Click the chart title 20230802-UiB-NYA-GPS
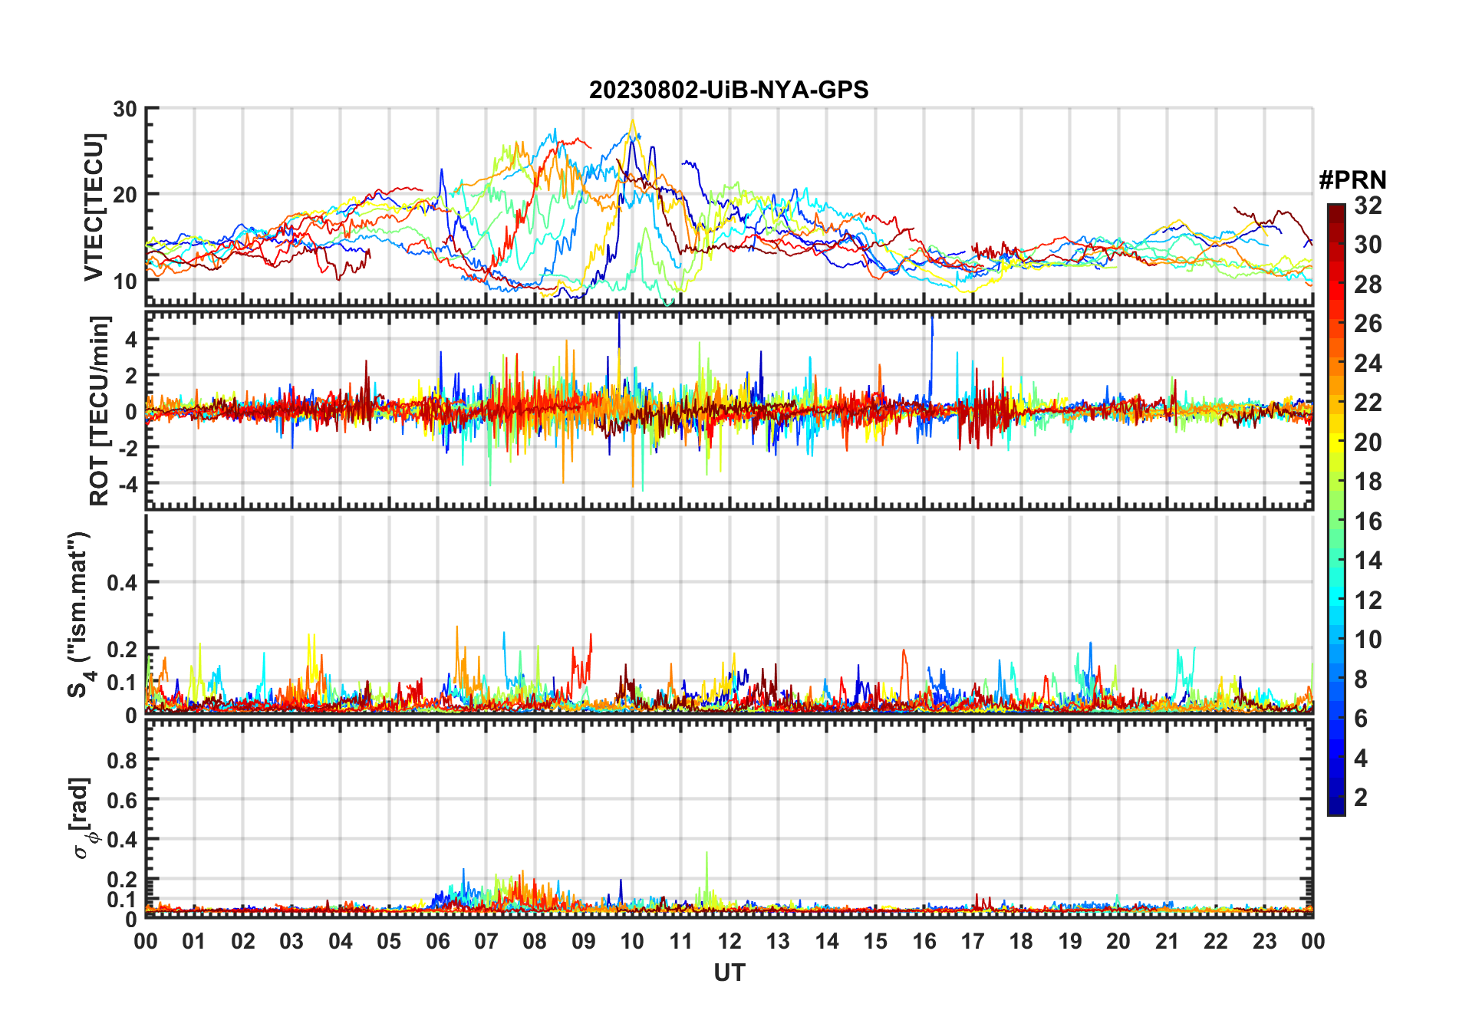[729, 90]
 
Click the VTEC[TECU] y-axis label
[94, 207]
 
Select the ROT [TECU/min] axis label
[100, 410]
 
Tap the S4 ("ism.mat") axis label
[79, 614]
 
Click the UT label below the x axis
[729, 973]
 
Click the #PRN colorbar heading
[1352, 180]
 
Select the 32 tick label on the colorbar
[1368, 206]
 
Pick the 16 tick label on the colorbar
[1368, 522]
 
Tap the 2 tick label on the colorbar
[1361, 798]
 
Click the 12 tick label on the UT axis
[729, 942]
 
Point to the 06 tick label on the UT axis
[438, 942]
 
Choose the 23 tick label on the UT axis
[1264, 942]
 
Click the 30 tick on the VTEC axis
[125, 109]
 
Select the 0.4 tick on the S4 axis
[122, 583]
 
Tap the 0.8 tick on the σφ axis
[122, 761]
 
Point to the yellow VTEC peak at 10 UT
[633, 121]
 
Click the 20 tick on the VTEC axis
[125, 195]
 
